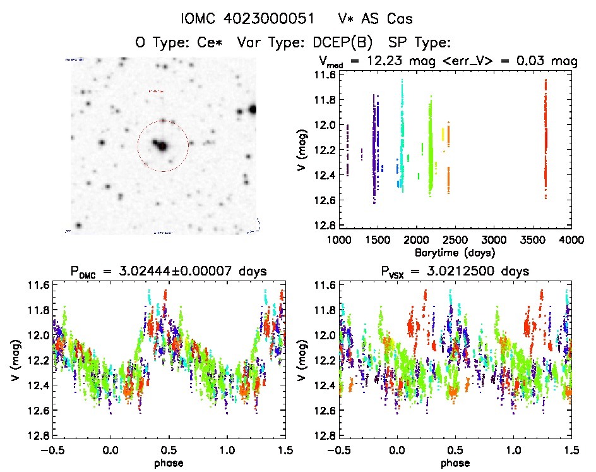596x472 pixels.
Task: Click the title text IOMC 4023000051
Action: [249, 20]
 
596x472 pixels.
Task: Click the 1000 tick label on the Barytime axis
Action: [339, 240]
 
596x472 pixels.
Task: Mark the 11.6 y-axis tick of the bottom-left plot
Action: [38, 284]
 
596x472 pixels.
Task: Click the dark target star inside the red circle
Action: [162, 147]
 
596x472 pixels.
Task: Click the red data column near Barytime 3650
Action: [545, 139]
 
